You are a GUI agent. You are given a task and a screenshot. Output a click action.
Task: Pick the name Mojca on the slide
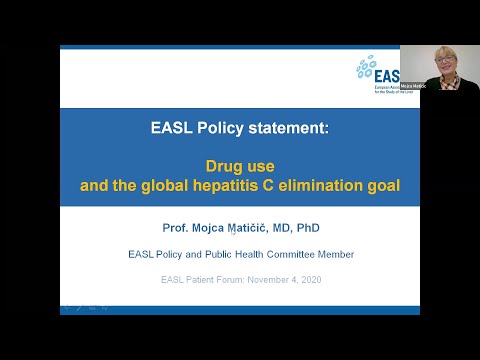203,228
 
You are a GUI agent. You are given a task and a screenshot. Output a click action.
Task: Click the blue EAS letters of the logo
386,75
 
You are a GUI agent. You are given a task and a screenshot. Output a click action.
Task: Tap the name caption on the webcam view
412,87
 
